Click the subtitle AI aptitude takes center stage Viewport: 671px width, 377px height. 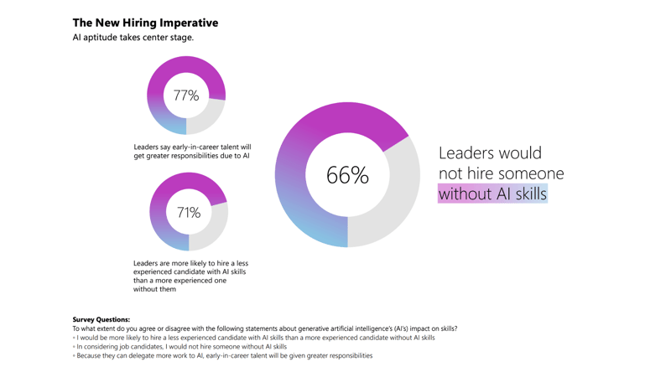(x=133, y=38)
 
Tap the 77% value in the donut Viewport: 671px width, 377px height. (x=186, y=96)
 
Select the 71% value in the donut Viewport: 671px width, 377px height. (x=189, y=213)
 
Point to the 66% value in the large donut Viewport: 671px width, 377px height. (x=347, y=175)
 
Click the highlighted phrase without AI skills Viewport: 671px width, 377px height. (x=492, y=194)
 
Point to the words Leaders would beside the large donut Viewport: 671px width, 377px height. (x=490, y=153)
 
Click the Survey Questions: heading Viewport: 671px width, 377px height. (x=101, y=319)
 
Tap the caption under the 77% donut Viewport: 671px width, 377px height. (x=192, y=152)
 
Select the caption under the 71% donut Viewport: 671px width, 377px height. (x=190, y=276)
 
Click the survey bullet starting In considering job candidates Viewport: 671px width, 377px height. (x=181, y=346)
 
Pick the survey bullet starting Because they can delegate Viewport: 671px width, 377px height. (x=224, y=355)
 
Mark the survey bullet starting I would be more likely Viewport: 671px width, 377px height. (x=255, y=338)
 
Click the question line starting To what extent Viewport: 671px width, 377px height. (x=264, y=328)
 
